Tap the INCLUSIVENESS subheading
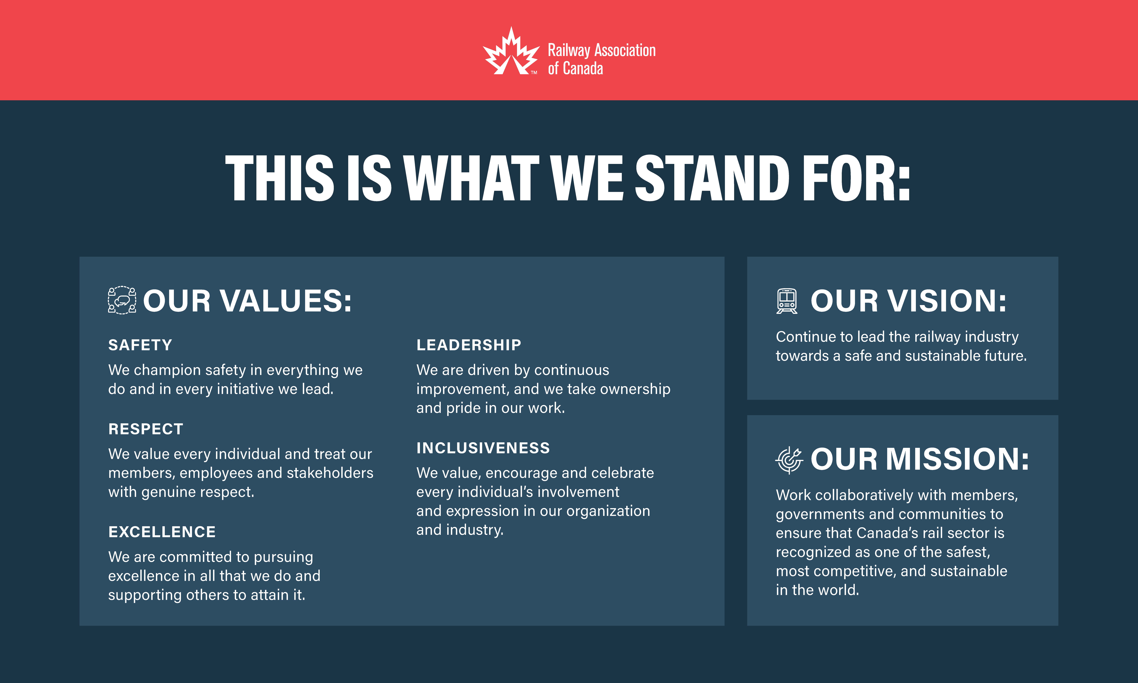(483, 448)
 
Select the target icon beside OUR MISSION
(789, 460)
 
